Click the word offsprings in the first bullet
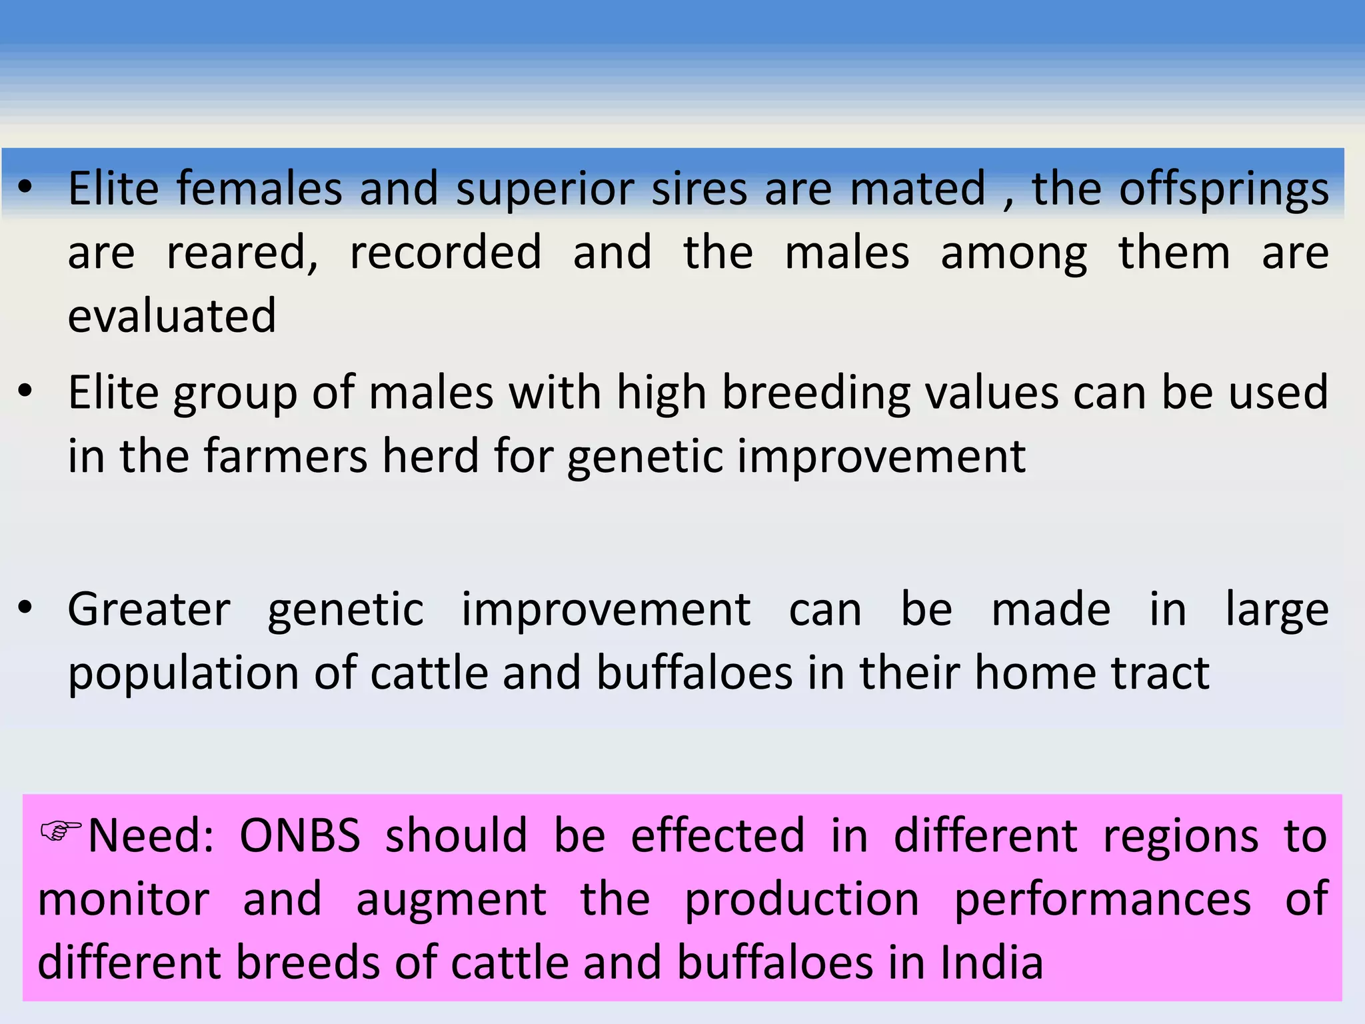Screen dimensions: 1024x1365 pos(1224,190)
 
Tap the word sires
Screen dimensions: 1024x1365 pos(699,190)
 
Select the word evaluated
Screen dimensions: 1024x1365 pos(172,316)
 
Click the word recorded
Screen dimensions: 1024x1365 pos(445,253)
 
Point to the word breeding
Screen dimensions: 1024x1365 pos(816,393)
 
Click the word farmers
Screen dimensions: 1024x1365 pos(285,457)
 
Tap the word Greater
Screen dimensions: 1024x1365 pos(149,609)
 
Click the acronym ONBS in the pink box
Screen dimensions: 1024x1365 pos(300,836)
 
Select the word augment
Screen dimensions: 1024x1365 pos(451,899)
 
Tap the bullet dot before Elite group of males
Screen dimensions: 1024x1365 pos(25,392)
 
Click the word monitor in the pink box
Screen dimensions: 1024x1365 pos(123,899)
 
